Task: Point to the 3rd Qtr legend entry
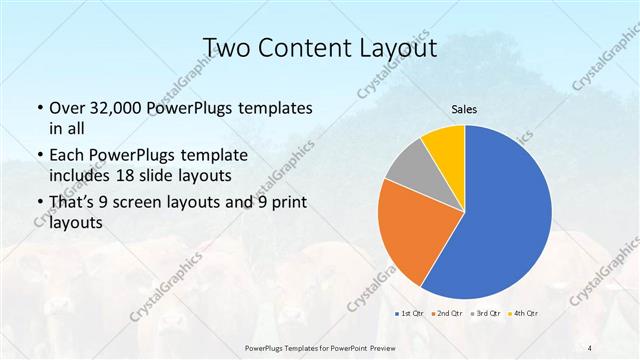[488, 313]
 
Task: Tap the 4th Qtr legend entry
[526, 313]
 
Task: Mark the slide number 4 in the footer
[591, 348]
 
